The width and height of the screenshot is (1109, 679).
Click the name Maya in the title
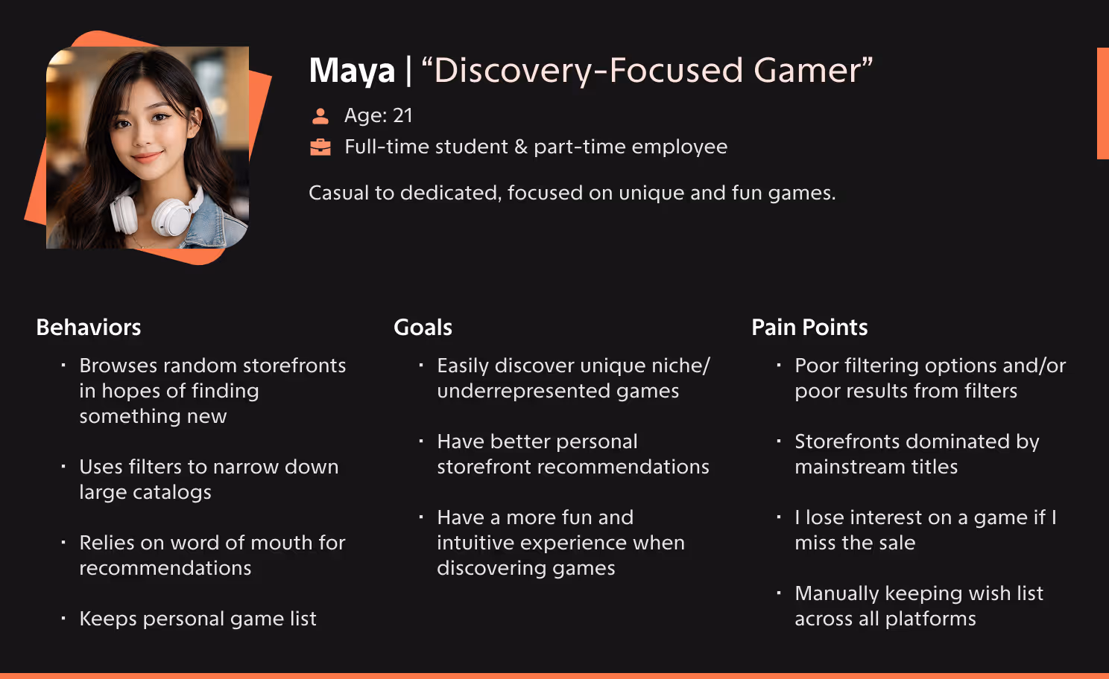coord(352,71)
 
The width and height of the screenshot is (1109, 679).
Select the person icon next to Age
coord(320,116)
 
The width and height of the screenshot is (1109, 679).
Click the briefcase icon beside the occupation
coord(320,147)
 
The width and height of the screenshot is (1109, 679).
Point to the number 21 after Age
coord(402,115)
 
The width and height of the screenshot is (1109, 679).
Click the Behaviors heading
coord(89,328)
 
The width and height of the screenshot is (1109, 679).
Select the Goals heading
coord(423,328)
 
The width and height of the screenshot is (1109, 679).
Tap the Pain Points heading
coord(809,328)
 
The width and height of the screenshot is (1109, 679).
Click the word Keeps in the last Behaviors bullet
coord(108,619)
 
